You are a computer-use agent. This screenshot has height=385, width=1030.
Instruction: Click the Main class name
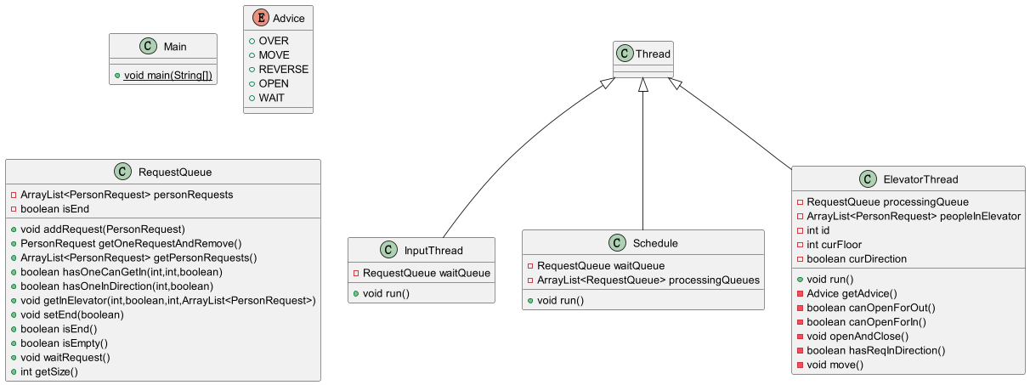coord(175,47)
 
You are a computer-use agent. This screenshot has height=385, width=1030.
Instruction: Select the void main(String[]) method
coord(167,75)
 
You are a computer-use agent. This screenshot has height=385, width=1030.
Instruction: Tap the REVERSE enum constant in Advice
coord(283,69)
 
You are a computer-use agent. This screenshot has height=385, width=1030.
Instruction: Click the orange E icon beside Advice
coord(261,18)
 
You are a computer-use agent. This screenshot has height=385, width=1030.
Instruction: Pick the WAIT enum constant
coord(271,98)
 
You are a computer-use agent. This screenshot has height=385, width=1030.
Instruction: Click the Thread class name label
coord(653,54)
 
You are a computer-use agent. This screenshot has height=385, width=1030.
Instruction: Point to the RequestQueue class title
coord(175,172)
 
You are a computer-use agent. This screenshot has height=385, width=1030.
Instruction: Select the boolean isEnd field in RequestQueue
coord(54,209)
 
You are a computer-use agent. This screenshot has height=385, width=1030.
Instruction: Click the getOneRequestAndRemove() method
coord(131,243)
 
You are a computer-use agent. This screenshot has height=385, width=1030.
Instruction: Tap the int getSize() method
coord(49,371)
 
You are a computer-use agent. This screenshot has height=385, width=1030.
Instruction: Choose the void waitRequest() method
coord(65,358)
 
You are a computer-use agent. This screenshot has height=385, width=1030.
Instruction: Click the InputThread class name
coord(433,250)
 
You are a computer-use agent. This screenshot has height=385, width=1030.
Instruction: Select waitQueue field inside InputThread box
coord(427,273)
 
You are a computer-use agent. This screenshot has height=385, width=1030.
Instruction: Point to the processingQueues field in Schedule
coord(648,280)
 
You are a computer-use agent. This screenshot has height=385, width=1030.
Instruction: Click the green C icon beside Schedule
coord(617,242)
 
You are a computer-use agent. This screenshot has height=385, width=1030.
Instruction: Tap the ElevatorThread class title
coord(920,179)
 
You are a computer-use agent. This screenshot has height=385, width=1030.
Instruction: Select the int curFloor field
coord(835,244)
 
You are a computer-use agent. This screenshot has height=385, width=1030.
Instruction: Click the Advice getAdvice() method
coord(852,293)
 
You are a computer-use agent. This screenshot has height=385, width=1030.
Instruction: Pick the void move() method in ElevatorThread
coord(835,365)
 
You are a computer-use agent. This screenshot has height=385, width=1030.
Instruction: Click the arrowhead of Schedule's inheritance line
coord(643,84)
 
